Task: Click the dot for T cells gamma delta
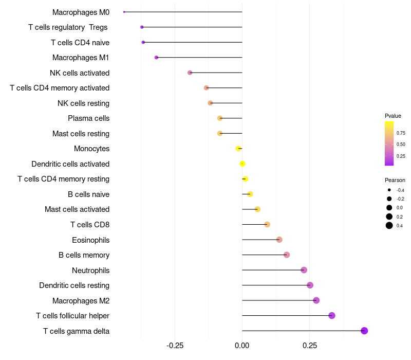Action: coord(364,331)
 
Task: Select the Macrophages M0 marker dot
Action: coord(124,12)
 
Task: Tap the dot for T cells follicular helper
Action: coord(332,316)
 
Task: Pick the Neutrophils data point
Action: coord(304,270)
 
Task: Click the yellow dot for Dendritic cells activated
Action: coord(242,164)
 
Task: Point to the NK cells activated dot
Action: coord(190,73)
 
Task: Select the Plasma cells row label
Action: coord(88,118)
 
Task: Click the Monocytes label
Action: coord(91,149)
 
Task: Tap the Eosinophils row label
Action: coord(90,240)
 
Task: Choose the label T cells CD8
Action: coord(90,225)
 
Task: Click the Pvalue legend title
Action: coord(393,116)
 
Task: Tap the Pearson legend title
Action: coord(395,180)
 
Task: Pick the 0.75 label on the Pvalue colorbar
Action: coord(401,133)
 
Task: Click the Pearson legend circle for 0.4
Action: coord(389,225)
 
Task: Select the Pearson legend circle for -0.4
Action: coord(389,190)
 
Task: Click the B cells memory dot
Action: coord(287,255)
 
